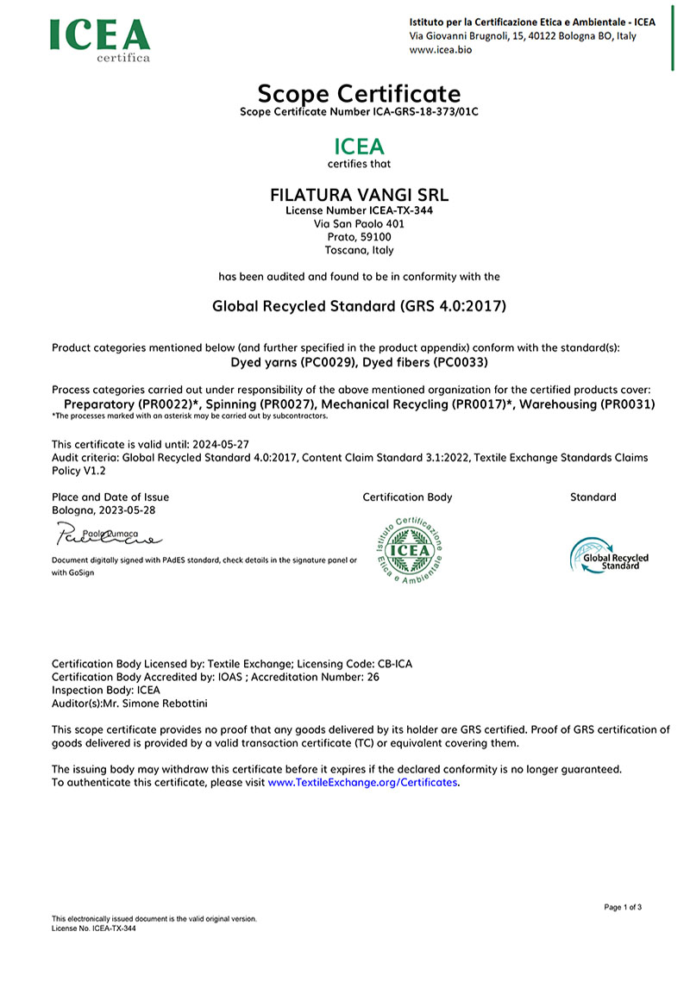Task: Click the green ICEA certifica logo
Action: pos(100,38)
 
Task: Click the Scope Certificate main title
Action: pos(359,93)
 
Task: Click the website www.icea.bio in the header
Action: pos(440,50)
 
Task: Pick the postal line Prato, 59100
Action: pos(359,237)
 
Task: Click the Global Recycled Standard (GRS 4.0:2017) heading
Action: pos(359,306)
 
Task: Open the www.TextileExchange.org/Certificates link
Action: pos(362,783)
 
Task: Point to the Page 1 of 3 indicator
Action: pos(623,907)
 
